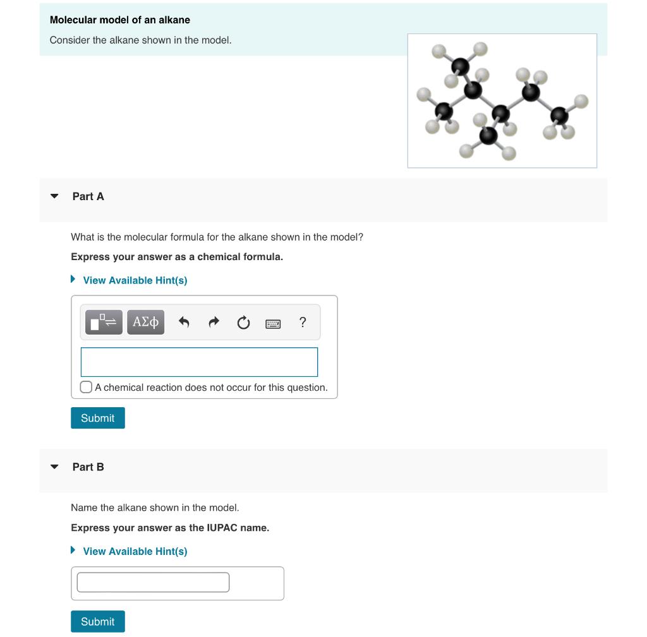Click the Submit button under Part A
click(97, 418)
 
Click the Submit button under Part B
click(97, 621)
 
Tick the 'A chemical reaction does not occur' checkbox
click(87, 387)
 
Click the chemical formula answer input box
click(199, 362)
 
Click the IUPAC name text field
click(153, 582)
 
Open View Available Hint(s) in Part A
click(135, 280)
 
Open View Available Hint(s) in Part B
click(135, 551)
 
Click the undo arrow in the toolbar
click(184, 323)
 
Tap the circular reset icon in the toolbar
click(243, 323)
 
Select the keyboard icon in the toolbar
click(273, 323)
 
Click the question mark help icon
click(303, 323)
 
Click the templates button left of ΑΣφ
click(104, 323)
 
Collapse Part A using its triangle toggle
click(55, 196)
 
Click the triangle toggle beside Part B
click(55, 467)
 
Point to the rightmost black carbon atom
click(559, 116)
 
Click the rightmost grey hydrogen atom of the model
click(581, 101)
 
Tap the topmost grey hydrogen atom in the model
click(480, 48)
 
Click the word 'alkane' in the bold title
click(174, 20)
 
